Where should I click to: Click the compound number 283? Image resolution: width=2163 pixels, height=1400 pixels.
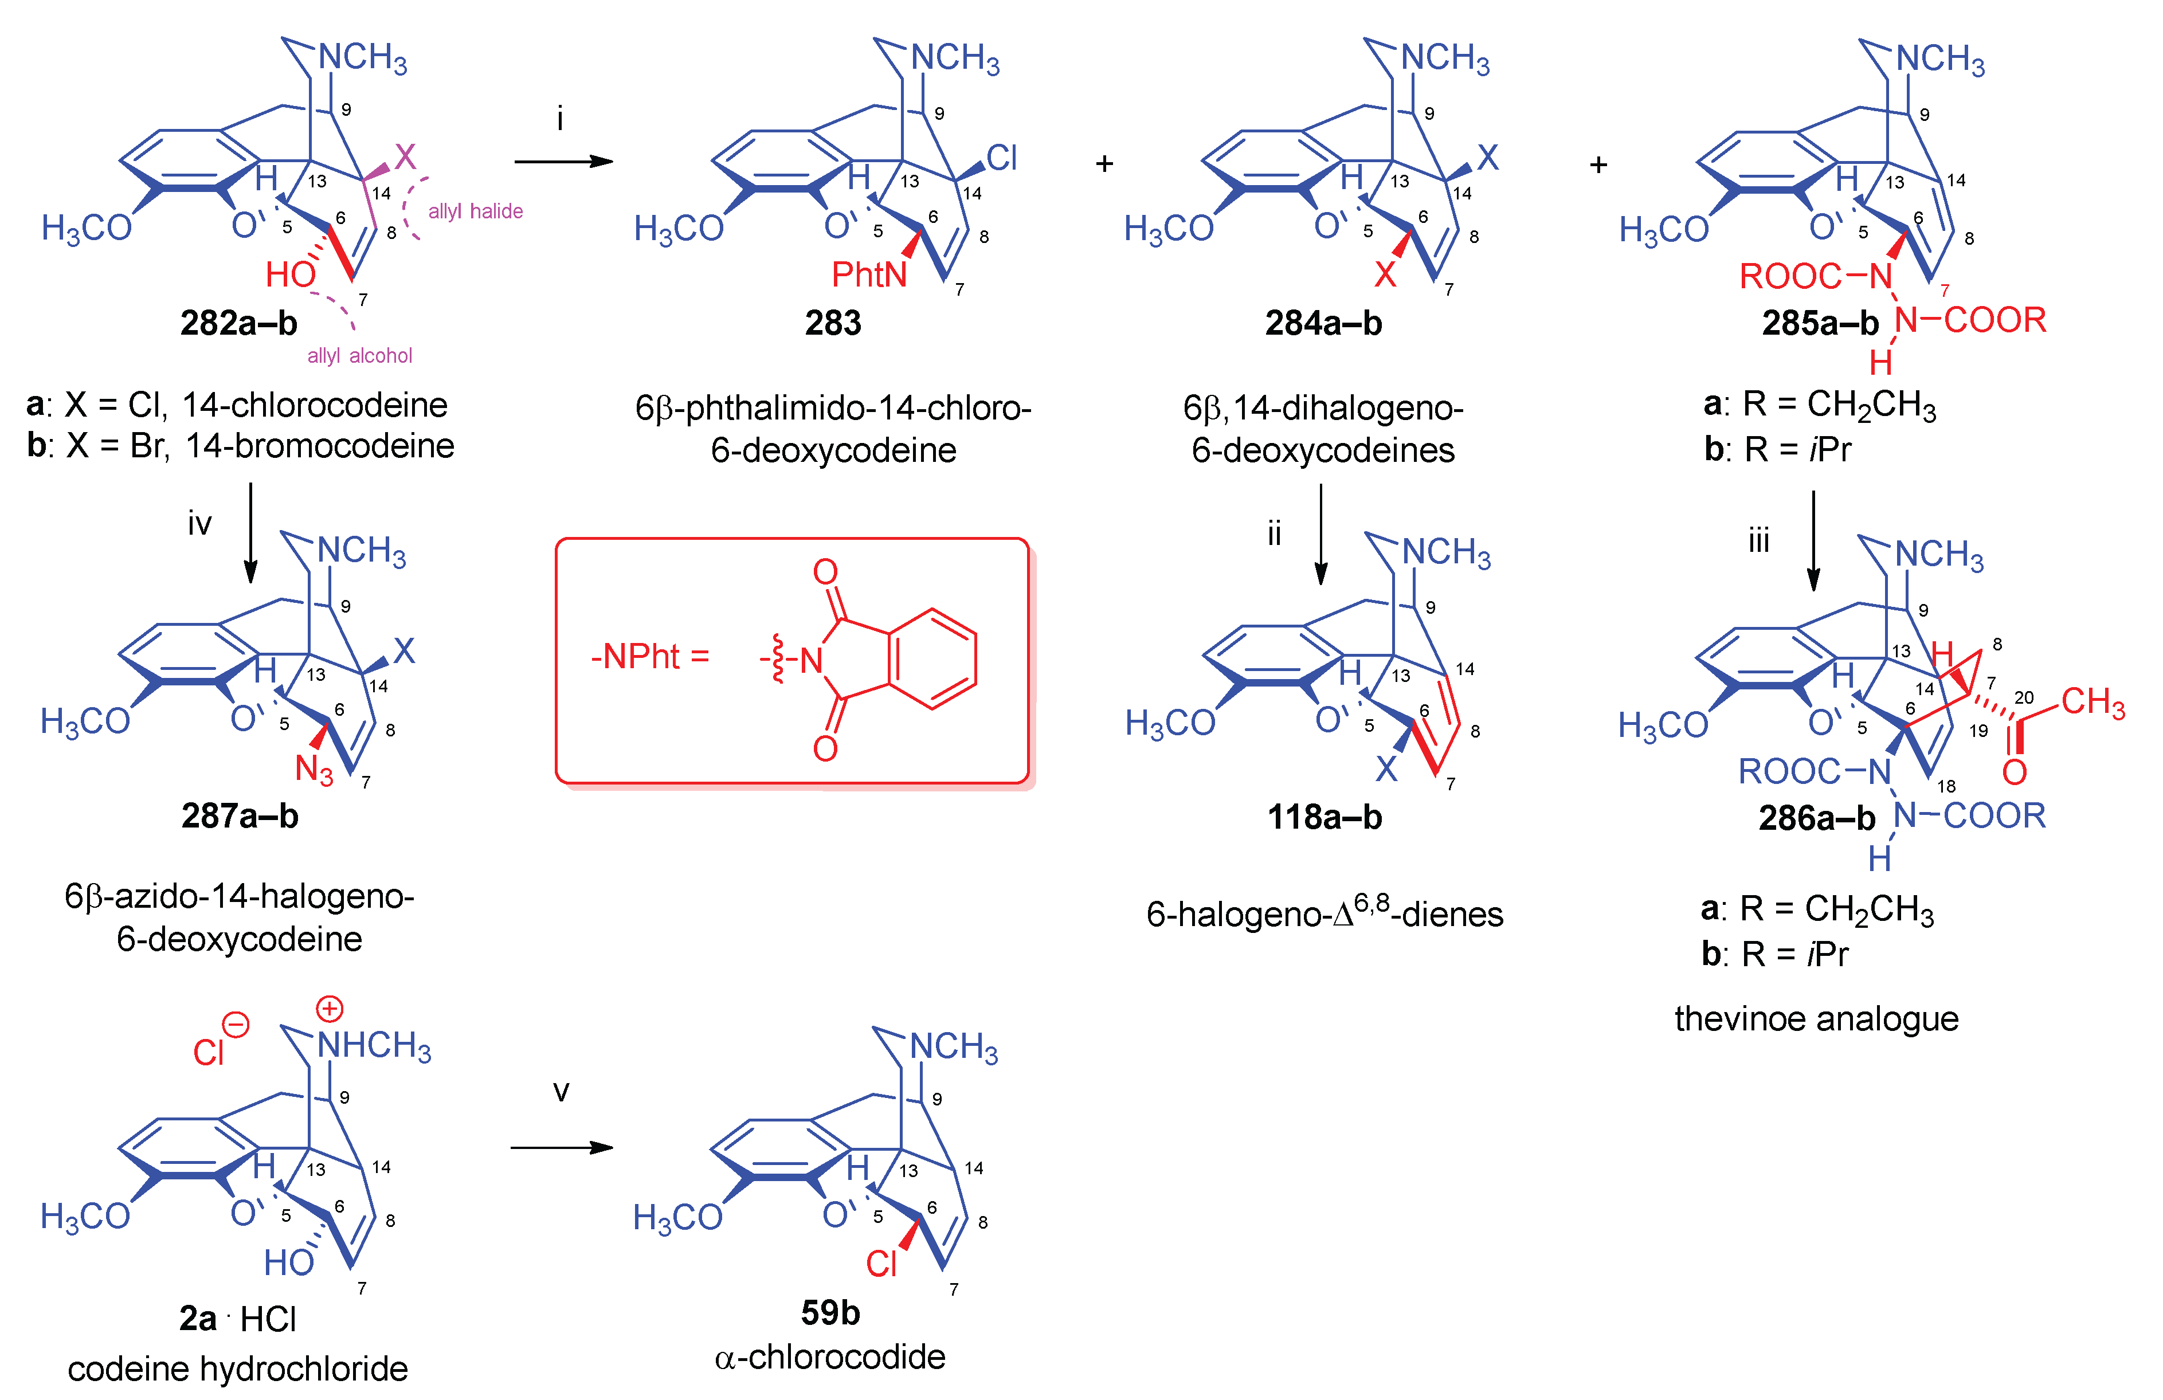(833, 323)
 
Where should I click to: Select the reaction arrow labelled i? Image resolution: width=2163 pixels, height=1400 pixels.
(563, 162)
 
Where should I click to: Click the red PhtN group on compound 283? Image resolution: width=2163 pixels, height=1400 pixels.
(869, 273)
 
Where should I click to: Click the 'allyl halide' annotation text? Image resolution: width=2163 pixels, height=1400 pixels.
(475, 211)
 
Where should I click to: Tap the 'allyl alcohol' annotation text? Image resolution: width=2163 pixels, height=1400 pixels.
(360, 355)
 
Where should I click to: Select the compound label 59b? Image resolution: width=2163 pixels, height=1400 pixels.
(830, 1312)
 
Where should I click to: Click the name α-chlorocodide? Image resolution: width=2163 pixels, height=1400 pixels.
(830, 1356)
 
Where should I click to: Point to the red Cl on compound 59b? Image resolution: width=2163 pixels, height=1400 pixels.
(881, 1263)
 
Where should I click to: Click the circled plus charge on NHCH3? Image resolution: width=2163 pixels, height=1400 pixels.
(329, 1009)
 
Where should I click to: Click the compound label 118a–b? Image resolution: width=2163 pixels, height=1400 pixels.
(1324, 817)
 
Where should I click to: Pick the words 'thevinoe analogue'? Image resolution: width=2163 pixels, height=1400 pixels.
(1816, 1018)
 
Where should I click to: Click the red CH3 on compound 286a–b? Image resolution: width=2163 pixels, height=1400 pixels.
(2092, 702)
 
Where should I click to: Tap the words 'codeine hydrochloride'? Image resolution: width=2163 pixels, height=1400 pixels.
(238, 1368)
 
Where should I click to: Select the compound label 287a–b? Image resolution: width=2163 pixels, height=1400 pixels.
(240, 816)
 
